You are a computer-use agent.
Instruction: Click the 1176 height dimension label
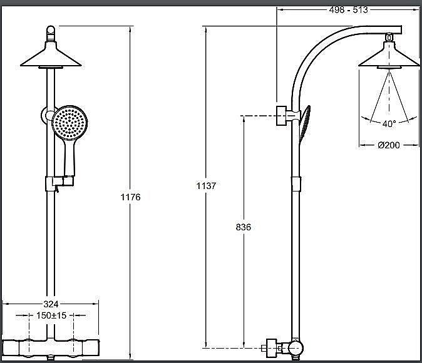pyautogui.click(x=130, y=197)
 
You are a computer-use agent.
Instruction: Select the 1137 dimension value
pyautogui.click(x=206, y=186)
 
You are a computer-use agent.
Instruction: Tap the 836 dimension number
pyautogui.click(x=244, y=227)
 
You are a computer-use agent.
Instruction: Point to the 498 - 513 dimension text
pyautogui.click(x=348, y=10)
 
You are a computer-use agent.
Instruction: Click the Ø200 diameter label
pyautogui.click(x=389, y=145)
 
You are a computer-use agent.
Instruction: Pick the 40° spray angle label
pyautogui.click(x=389, y=124)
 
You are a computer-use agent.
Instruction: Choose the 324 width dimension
pyautogui.click(x=51, y=304)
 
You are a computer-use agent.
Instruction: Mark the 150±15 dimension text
pyautogui.click(x=51, y=315)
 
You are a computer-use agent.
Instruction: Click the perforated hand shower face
pyautogui.click(x=69, y=123)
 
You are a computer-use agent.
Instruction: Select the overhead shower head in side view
pyautogui.click(x=389, y=55)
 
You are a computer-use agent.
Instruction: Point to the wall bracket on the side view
pyautogui.click(x=281, y=115)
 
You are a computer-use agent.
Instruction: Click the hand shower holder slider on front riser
pyautogui.click(x=59, y=183)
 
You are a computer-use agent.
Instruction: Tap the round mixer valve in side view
pyautogui.click(x=296, y=348)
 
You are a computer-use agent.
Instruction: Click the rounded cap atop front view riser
pyautogui.click(x=51, y=33)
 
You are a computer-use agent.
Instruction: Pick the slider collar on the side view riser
pyautogui.click(x=296, y=184)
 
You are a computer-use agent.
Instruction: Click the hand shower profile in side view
pyautogui.click(x=305, y=125)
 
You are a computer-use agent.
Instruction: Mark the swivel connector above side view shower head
pyautogui.click(x=389, y=37)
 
